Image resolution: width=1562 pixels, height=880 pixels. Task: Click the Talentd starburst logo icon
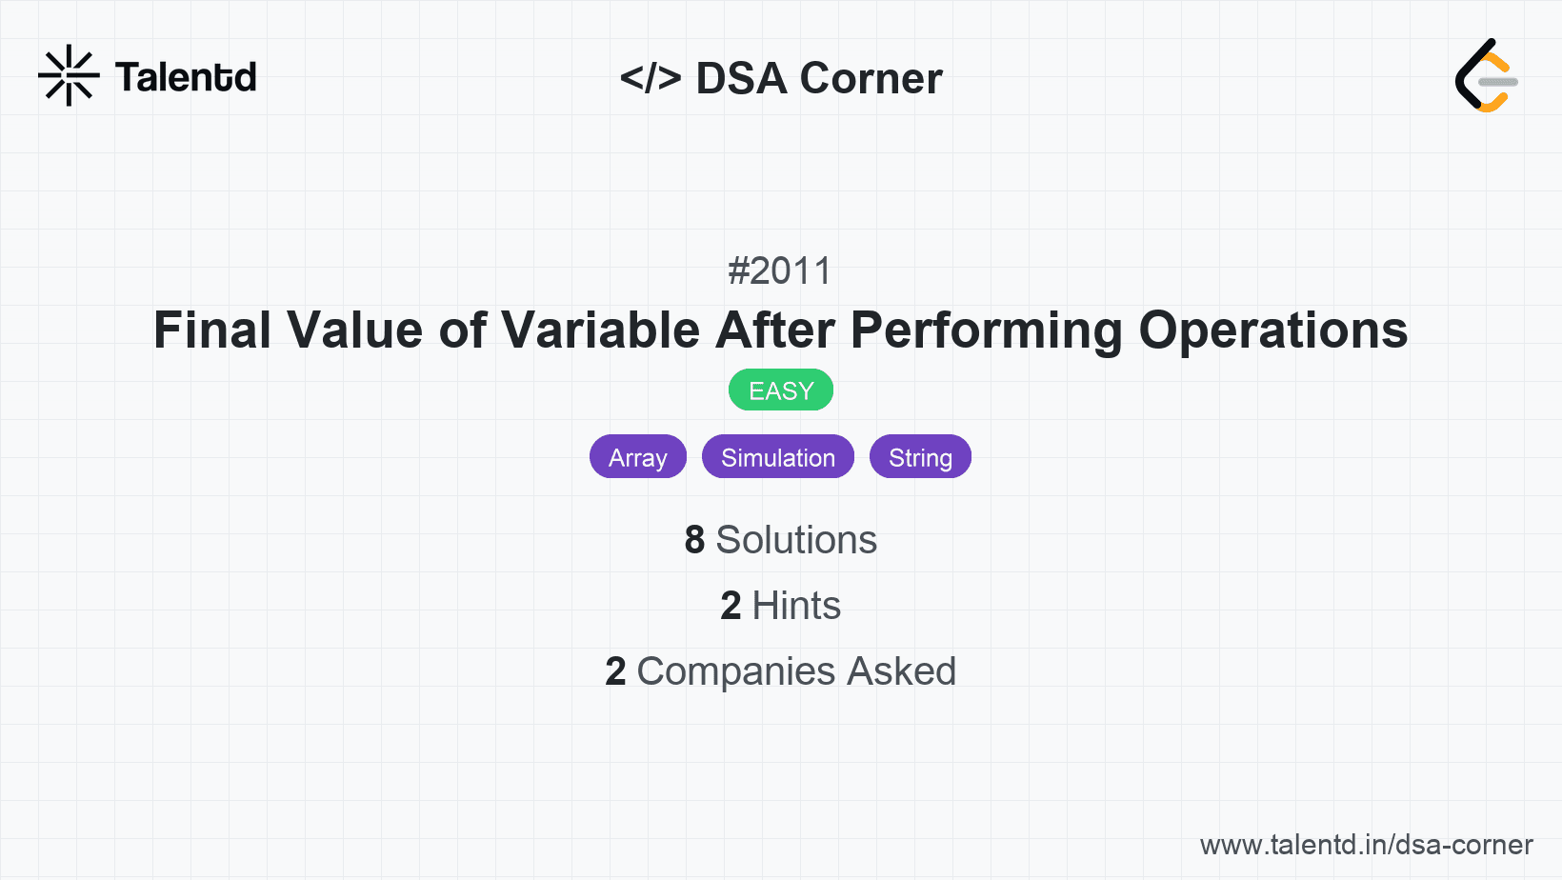tap(69, 75)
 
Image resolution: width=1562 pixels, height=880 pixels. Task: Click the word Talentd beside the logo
tap(186, 77)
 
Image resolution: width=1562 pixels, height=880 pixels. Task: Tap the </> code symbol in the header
tap(651, 78)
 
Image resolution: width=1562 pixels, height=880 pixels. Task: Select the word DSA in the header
tap(741, 78)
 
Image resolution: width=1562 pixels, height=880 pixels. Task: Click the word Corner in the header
tap(871, 78)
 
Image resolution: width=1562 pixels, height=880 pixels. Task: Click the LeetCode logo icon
tap(1486, 75)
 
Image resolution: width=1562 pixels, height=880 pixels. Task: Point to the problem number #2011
tap(780, 271)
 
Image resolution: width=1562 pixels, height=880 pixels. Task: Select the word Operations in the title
tap(1272, 330)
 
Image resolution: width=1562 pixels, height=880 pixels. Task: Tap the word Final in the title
tap(212, 330)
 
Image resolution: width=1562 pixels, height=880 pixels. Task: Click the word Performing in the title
tap(987, 330)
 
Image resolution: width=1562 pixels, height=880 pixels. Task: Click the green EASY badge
tap(781, 390)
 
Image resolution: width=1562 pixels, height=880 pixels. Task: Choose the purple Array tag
tap(638, 457)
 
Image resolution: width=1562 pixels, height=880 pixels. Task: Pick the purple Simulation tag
tap(778, 457)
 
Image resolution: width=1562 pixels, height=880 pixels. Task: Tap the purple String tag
tap(920, 457)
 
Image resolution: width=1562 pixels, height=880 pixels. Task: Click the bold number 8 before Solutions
tap(694, 540)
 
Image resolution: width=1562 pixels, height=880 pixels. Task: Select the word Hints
tap(796, 606)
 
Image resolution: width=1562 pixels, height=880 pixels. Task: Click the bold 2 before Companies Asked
tap(615, 671)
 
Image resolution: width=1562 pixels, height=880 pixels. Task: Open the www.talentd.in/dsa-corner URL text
tap(1366, 845)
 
